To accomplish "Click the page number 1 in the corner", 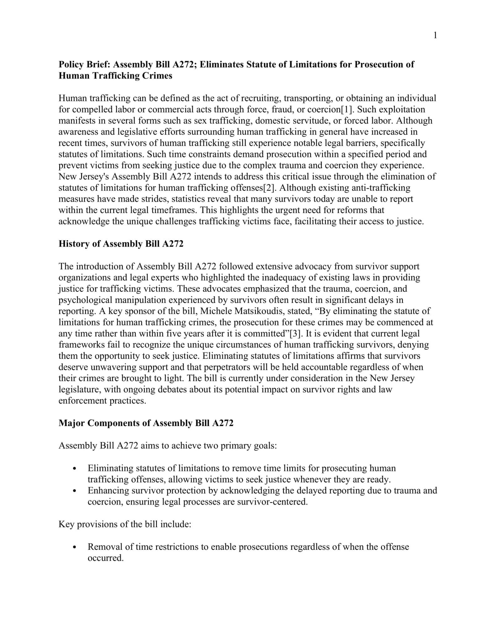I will pyautogui.click(x=435, y=35).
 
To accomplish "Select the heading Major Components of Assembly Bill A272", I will pyautogui.click(x=146, y=423).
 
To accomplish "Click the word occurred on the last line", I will pyautogui.click(x=105, y=558).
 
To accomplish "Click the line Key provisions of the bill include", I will pyautogui.click(x=125, y=524).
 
